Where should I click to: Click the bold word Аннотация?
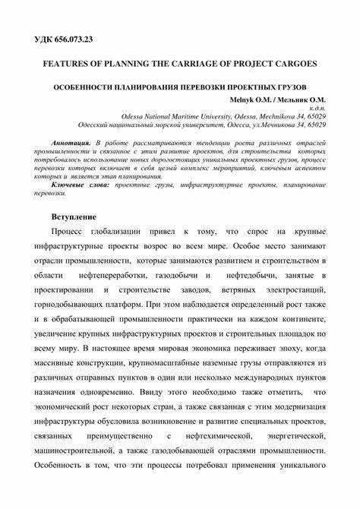coord(71,143)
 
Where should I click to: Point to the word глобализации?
coord(125,231)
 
